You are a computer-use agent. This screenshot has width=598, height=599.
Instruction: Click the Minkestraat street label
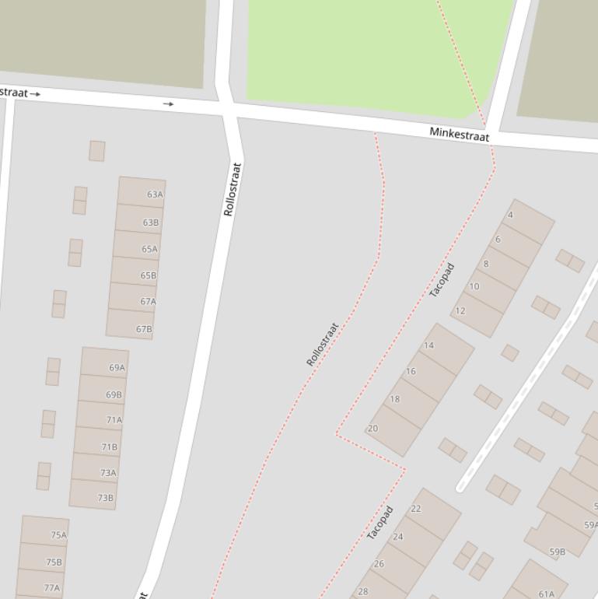(460, 135)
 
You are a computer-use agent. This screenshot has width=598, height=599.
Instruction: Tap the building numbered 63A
(142, 194)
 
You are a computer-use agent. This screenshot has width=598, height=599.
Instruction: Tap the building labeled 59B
(557, 548)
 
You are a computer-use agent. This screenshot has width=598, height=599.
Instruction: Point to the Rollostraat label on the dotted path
(323, 344)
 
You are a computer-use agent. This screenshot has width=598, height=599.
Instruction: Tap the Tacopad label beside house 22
(379, 523)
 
